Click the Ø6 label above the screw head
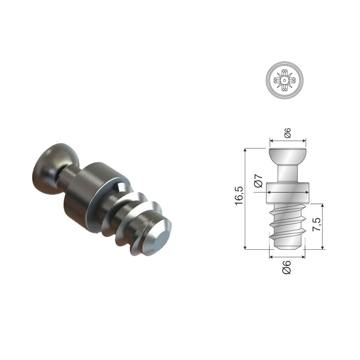(287, 132)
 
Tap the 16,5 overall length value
(239, 196)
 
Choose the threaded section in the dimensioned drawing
(287, 220)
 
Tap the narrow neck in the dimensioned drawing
(287, 172)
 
